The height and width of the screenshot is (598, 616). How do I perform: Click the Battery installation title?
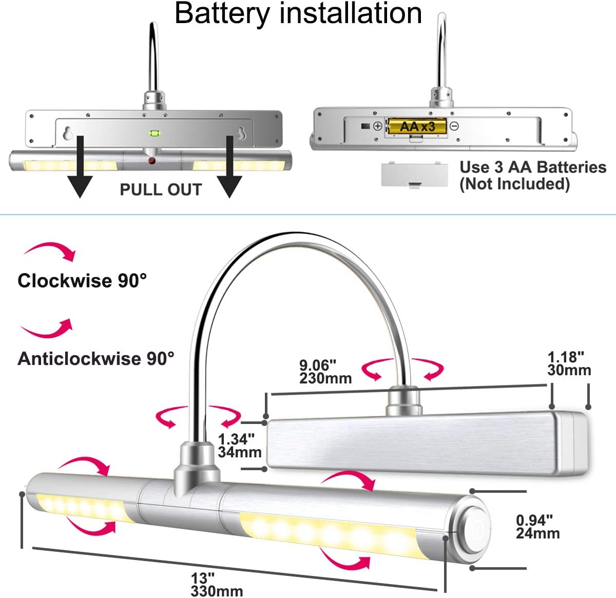(x=298, y=13)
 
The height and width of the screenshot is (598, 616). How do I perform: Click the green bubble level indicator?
(x=155, y=133)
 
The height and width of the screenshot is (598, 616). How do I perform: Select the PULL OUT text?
(x=161, y=189)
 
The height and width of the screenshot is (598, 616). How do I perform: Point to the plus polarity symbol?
(x=378, y=126)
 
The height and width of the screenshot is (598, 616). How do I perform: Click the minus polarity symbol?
(x=454, y=126)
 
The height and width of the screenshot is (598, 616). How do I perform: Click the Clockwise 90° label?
(x=82, y=280)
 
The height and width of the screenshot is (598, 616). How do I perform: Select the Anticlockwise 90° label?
(x=96, y=358)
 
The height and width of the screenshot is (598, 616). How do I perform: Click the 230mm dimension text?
(x=325, y=378)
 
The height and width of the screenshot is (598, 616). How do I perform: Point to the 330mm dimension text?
(x=217, y=591)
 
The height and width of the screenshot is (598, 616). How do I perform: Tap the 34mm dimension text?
(x=240, y=452)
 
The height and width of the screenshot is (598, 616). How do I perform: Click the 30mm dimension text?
(x=569, y=370)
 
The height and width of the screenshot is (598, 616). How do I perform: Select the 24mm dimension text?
(x=538, y=533)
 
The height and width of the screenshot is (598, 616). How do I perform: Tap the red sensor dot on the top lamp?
(x=152, y=161)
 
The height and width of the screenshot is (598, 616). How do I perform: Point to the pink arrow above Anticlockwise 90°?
(x=47, y=329)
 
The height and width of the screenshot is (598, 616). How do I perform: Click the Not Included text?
(x=514, y=184)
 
